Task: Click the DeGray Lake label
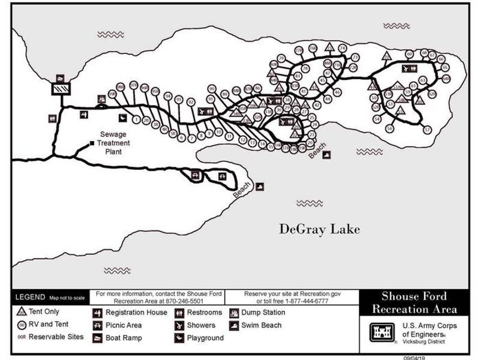point(320,229)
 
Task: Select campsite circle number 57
point(427,130)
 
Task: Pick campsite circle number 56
point(390,128)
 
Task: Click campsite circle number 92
point(191,102)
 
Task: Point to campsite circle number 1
point(137,119)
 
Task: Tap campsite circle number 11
point(229,137)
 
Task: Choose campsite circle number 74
point(343,47)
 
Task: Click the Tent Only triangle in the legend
point(22,312)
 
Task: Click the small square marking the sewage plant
point(92,143)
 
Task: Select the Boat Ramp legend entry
point(119,338)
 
